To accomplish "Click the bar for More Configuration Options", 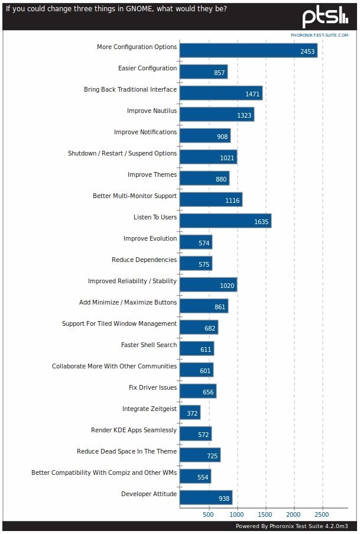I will pyautogui.click(x=248, y=50).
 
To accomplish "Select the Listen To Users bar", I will pyautogui.click(x=225, y=221).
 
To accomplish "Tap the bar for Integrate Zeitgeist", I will pyautogui.click(x=190, y=412).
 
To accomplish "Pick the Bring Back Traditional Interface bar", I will pyautogui.click(x=220, y=93).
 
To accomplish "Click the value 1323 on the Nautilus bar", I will pyautogui.click(x=244, y=115).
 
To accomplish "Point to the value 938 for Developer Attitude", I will pyautogui.click(x=223, y=499).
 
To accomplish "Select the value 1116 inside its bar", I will pyautogui.click(x=232, y=200).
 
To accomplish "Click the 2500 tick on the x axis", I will pyautogui.click(x=322, y=514).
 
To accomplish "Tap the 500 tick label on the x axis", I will pyautogui.click(x=208, y=514).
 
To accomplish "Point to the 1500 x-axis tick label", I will pyautogui.click(x=265, y=514).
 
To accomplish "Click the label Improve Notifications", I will pyautogui.click(x=145, y=132).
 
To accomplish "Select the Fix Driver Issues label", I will pyautogui.click(x=153, y=387).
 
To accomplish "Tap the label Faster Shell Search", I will pyautogui.click(x=149, y=345).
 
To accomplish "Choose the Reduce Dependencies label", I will pyautogui.click(x=144, y=260).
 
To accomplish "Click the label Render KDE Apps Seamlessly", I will pyautogui.click(x=134, y=430).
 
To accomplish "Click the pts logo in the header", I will pyautogui.click(x=325, y=18).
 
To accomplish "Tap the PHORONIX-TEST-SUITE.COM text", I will pyautogui.click(x=319, y=35).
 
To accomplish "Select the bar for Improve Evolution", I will pyautogui.click(x=196, y=242).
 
